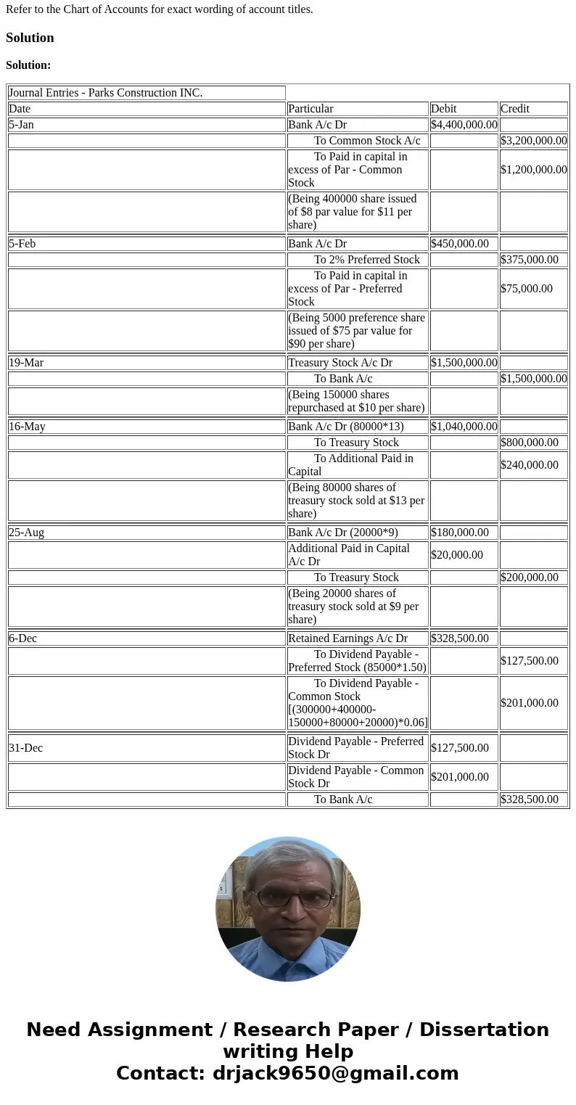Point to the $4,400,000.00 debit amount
coord(464,125)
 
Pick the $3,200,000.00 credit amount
coord(533,141)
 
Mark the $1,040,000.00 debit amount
coord(464,427)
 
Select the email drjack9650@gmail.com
coord(335,1073)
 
